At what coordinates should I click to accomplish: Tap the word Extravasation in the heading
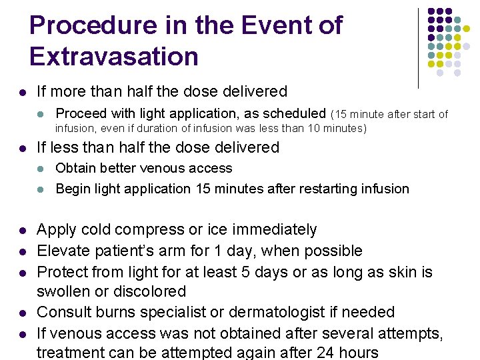tap(114, 57)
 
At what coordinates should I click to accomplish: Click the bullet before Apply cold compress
tap(22, 231)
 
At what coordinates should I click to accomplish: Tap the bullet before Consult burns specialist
tap(22, 313)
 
